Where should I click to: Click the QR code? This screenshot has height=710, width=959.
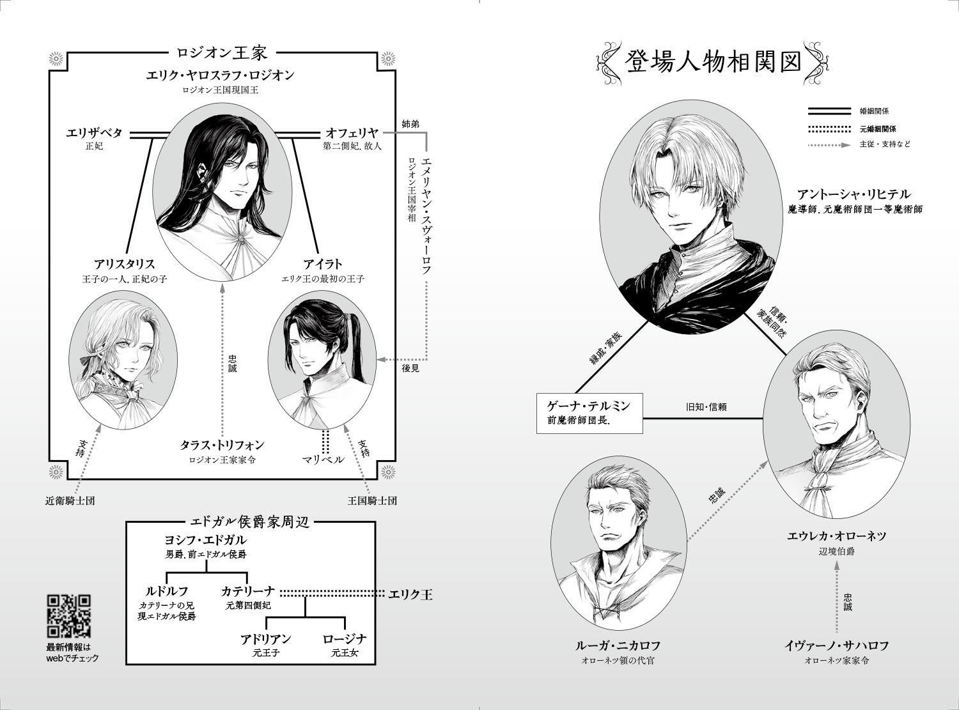click(69, 616)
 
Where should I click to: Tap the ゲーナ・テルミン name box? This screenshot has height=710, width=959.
click(589, 413)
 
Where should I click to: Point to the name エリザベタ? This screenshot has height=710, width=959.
click(94, 132)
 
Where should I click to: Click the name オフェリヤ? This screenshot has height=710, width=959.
click(352, 132)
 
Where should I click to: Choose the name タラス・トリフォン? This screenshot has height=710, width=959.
click(222, 445)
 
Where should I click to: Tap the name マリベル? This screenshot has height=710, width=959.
click(323, 459)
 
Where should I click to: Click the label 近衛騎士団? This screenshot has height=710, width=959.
click(70, 501)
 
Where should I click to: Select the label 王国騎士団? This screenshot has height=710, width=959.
click(372, 501)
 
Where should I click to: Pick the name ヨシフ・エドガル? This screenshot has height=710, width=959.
click(205, 540)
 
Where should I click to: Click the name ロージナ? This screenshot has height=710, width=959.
click(344, 638)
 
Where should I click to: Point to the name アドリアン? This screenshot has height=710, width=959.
click(266, 638)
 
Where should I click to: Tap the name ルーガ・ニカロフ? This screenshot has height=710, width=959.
click(618, 645)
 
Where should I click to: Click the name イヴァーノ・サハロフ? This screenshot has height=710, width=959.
click(837, 645)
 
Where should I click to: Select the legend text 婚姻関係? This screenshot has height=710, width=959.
click(874, 111)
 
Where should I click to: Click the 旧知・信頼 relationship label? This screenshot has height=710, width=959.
click(706, 406)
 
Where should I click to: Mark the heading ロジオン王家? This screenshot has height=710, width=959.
click(222, 52)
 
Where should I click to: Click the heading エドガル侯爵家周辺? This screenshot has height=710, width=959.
click(250, 522)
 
